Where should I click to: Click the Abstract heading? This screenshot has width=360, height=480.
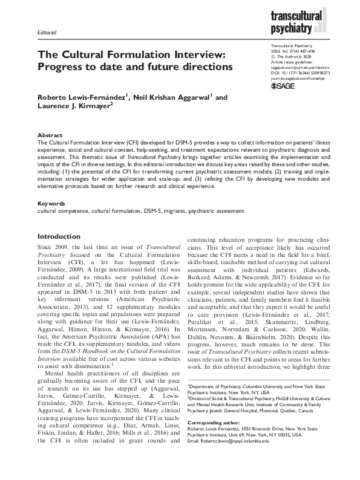48,136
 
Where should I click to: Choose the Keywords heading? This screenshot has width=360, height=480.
51,204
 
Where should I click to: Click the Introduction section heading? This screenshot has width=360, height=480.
63,236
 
